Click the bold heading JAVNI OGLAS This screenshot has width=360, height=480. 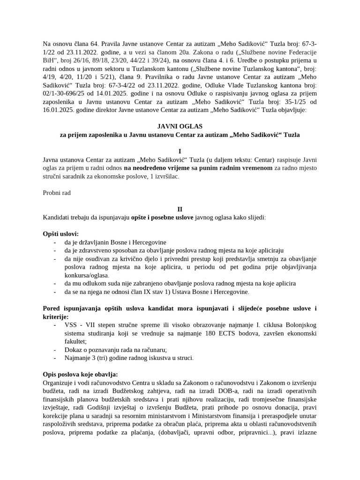coord(180,126)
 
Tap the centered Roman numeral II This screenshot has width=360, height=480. coord(180,209)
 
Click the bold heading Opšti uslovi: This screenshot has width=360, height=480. coord(61,234)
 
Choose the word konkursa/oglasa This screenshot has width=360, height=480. coord(86,275)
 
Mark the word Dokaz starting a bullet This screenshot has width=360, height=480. coord(74,350)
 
